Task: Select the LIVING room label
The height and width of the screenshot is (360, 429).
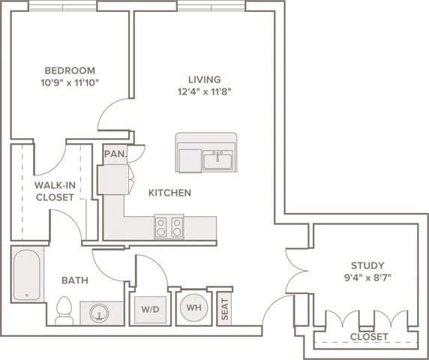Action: [x=204, y=79]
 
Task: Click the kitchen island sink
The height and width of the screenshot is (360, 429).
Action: [x=217, y=160]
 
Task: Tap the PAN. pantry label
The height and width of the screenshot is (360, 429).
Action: [x=115, y=155]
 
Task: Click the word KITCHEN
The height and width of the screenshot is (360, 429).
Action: [x=169, y=193]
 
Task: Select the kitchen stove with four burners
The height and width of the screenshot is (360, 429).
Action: [x=169, y=226]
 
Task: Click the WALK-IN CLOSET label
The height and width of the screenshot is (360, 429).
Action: [x=54, y=190]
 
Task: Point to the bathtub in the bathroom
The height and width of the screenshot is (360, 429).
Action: [x=28, y=274]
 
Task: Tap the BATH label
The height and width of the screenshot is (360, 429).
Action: [x=75, y=280]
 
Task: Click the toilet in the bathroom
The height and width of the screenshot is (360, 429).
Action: [x=64, y=310]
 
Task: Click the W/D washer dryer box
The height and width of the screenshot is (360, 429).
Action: [x=149, y=307]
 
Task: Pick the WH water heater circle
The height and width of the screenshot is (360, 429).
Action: [x=193, y=307]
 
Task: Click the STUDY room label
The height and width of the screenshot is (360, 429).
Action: [x=367, y=265]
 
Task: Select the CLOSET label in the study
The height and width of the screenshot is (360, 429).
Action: [x=368, y=337]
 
